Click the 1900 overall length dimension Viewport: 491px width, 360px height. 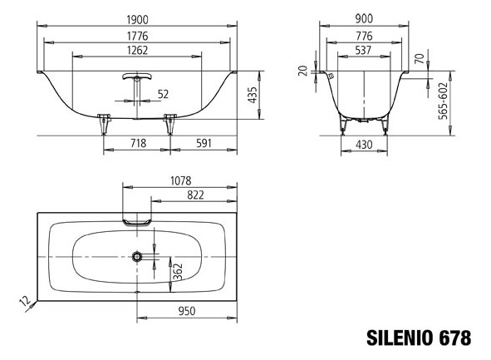[137, 20]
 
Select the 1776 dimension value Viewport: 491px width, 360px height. [137, 36]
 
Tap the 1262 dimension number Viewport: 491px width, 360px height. [137, 50]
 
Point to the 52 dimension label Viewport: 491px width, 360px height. [163, 94]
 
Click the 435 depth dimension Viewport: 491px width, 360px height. [253, 95]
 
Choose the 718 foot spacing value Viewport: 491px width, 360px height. [138, 143]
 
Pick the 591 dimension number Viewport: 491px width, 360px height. [204, 143]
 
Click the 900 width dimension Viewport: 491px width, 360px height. [364, 19]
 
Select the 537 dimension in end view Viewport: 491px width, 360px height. [363, 50]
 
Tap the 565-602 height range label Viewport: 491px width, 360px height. [444, 101]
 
